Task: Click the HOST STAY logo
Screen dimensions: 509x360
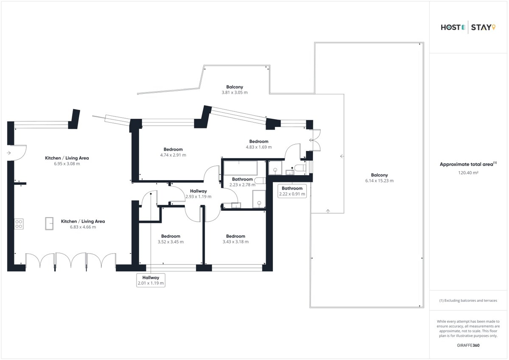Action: pos(468,28)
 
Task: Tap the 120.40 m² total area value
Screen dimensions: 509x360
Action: pos(468,173)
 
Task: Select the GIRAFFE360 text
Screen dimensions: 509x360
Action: pos(468,345)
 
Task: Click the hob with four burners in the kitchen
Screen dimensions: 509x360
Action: pos(19,224)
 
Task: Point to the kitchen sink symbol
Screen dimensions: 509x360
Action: pos(49,223)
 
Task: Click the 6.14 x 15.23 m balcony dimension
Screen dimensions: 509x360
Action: pos(379,181)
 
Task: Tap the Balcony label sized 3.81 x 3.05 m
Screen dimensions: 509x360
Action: pos(235,87)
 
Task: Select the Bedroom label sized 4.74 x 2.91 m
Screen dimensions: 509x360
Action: pos(173,149)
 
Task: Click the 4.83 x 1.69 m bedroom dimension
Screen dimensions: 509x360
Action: pos(259,147)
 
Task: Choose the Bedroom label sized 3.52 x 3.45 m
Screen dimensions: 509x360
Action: pos(171,236)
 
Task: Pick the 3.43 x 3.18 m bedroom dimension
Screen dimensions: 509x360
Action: pos(235,242)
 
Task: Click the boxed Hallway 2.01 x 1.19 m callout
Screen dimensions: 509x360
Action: pos(151,280)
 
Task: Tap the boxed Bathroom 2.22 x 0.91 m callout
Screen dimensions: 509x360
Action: pos(292,191)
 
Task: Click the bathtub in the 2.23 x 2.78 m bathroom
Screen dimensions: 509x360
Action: pos(241,168)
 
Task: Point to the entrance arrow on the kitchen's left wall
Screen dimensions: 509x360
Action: pos(8,153)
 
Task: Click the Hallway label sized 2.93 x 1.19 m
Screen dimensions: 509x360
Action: pos(199,191)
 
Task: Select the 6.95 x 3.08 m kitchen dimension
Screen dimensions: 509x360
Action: pos(67,164)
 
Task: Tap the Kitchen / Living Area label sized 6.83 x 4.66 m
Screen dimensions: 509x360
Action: pos(83,221)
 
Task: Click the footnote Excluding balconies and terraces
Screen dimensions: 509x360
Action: pos(468,301)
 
